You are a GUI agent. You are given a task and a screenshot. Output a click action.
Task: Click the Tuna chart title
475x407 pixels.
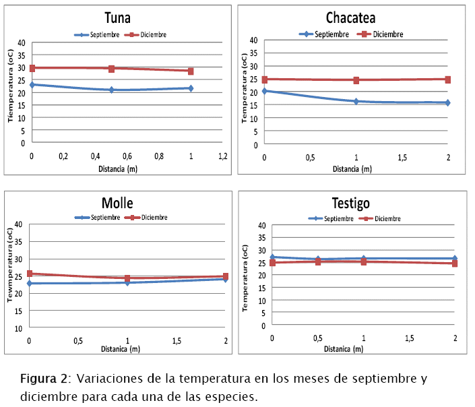118,18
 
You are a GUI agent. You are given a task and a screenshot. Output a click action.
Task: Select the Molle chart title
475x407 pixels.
117,203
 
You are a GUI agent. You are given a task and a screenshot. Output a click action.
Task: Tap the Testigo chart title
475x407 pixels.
350,203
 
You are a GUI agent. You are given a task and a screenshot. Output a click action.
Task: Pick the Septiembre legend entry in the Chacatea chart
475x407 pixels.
324,34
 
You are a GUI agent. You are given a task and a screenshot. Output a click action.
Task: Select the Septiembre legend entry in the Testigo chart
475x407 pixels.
331,218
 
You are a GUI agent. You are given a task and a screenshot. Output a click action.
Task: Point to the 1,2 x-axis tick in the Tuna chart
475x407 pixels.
223,156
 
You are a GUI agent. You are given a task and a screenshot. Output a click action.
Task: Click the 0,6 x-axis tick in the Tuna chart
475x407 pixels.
127,156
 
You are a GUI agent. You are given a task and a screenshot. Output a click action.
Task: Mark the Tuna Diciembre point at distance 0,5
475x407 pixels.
111,69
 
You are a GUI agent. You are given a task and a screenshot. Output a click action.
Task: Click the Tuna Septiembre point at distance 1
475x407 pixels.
191,88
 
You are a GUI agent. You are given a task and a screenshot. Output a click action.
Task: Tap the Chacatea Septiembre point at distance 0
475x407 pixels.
265,90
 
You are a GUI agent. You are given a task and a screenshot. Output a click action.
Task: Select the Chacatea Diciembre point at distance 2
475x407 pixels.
447,80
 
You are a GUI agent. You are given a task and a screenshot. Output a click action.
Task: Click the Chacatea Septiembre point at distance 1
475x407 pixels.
356,101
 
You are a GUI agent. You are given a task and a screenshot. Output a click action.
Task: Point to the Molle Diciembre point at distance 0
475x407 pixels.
30,274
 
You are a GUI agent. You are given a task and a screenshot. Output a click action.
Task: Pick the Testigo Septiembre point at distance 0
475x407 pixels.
272,257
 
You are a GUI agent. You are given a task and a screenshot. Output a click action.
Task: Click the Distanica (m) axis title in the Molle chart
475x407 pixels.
121,349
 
